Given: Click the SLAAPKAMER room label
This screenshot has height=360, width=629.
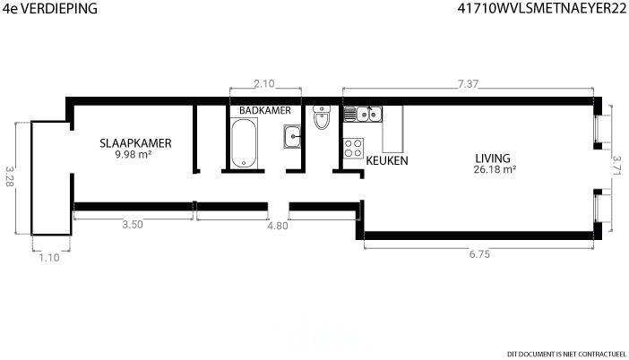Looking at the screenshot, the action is [135, 143].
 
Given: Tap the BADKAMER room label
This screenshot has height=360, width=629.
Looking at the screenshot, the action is [264, 110].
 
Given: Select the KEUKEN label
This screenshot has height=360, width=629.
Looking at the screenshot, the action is [387, 160].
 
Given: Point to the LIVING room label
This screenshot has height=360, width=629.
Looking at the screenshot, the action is [493, 158].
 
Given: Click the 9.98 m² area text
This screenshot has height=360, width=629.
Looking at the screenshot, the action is [134, 154].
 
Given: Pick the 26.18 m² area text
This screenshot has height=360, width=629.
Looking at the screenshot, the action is [495, 169].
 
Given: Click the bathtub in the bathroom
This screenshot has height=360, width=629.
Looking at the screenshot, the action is [244, 143].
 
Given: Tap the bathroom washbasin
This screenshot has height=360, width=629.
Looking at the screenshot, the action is [292, 136].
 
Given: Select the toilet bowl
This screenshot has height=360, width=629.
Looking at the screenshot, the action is [322, 118].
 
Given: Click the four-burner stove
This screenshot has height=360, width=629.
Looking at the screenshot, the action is [353, 148].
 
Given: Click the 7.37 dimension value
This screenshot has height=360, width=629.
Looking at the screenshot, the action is [468, 84].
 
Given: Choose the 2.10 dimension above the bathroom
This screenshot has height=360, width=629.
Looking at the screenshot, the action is [264, 83].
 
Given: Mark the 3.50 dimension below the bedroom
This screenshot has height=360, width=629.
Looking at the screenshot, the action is [133, 225].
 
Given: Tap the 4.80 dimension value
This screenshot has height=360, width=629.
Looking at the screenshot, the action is [278, 226].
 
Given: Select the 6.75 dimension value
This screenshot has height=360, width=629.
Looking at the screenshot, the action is [479, 254].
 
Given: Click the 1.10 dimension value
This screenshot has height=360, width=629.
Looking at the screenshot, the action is [49, 258].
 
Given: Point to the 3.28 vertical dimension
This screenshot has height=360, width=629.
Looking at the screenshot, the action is [10, 176].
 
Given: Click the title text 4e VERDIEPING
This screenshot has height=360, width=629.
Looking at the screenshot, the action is [50, 8].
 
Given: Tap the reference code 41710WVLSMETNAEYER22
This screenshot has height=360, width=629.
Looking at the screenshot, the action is [542, 8].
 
